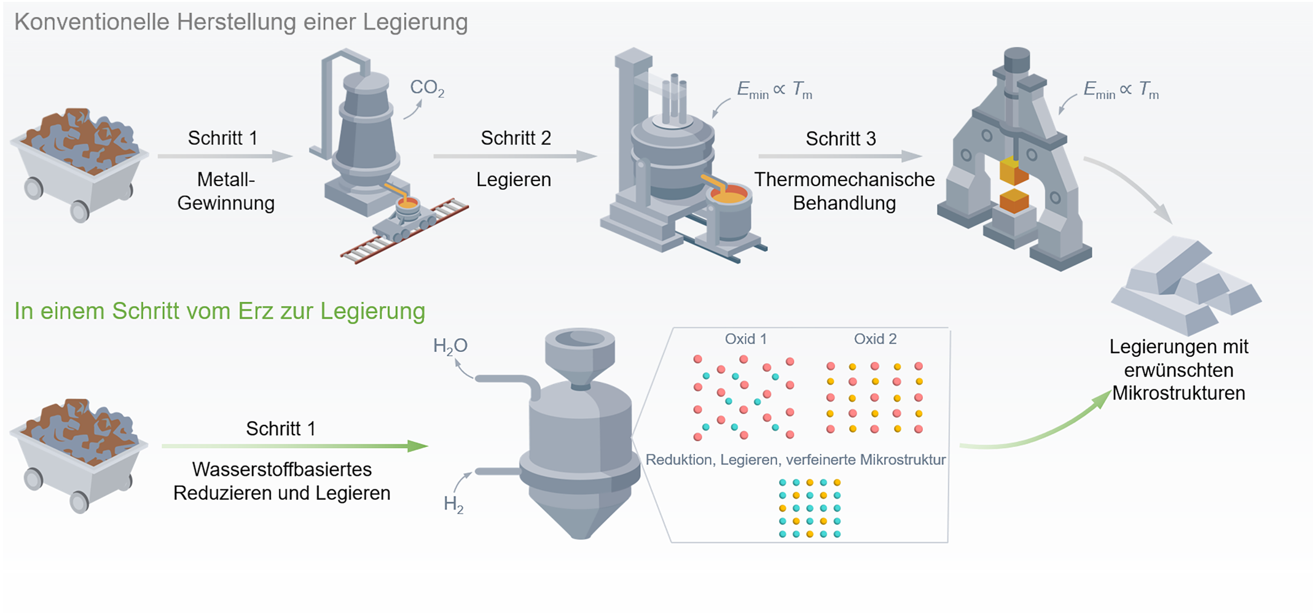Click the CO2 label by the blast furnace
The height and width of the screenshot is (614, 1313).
click(x=426, y=88)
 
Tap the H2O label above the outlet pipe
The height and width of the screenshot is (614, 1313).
click(x=450, y=346)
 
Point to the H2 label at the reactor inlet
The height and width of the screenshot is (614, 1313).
click(x=453, y=505)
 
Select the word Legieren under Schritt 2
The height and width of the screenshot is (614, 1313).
click(x=514, y=180)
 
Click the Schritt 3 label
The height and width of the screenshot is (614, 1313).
click(x=841, y=139)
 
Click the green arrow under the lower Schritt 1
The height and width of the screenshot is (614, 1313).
click(x=295, y=446)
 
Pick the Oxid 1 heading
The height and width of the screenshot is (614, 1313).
click(x=745, y=339)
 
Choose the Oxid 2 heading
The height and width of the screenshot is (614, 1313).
click(x=875, y=339)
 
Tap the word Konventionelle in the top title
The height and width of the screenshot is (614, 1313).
click(x=92, y=22)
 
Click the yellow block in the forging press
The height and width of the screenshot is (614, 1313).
click(x=1013, y=170)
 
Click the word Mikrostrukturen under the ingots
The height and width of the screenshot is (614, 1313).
click(x=1178, y=394)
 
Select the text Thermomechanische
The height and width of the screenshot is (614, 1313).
click(x=844, y=180)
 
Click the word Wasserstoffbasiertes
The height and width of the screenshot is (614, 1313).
click(x=281, y=470)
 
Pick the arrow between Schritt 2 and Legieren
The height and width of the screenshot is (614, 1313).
click(x=515, y=157)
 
